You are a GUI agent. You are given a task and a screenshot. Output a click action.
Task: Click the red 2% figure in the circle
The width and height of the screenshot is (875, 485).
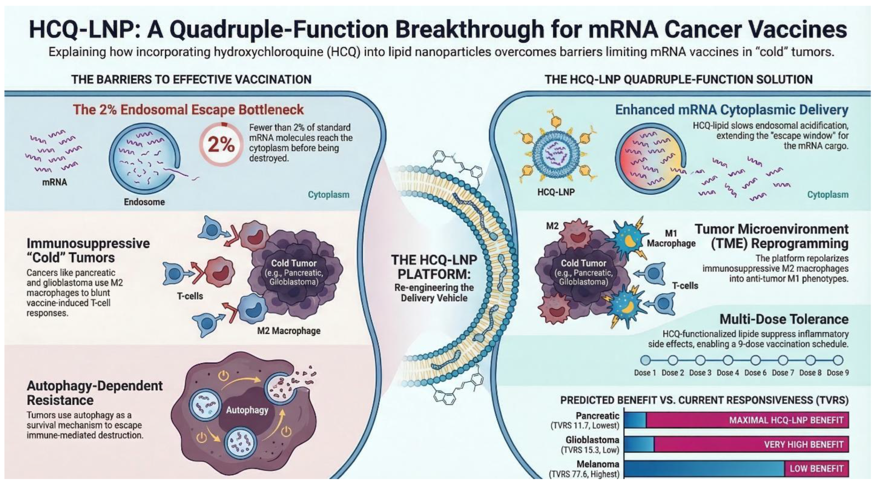tap(221, 145)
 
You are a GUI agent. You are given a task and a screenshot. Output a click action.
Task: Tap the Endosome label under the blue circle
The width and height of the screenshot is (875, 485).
tap(144, 202)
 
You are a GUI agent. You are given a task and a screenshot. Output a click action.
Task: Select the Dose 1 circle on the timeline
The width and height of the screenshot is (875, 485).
tap(645, 360)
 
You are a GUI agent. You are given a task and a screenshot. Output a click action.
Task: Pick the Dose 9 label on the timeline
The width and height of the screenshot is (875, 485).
tap(838, 373)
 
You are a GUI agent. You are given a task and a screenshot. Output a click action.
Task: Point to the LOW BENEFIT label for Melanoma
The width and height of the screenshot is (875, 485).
tap(817, 469)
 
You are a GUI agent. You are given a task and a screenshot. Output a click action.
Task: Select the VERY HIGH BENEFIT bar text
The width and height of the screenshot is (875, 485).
tap(804, 444)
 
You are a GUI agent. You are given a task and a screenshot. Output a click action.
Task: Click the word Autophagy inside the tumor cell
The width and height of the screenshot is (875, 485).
tap(247, 410)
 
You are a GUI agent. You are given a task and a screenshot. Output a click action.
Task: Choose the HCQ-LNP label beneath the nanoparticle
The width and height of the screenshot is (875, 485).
tap(556, 192)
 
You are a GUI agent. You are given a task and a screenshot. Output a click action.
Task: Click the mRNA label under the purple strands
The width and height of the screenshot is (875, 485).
tap(55, 182)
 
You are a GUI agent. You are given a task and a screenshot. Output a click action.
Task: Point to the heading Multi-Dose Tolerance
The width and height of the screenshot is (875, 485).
tap(784, 319)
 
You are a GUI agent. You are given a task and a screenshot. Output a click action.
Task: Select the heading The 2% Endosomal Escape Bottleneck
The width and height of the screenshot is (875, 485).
tap(188, 110)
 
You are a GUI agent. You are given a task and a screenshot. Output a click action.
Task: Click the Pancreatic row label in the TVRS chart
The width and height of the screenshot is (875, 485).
tap(597, 416)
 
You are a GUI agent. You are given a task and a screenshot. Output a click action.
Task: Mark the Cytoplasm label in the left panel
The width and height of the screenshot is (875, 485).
tap(328, 195)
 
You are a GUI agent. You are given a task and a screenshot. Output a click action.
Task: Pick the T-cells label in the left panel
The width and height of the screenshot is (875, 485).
tap(190, 296)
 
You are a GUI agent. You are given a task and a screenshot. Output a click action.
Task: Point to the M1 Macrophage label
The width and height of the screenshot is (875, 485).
tap(671, 238)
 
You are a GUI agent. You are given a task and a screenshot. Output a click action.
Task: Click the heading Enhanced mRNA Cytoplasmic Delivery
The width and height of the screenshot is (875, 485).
tap(732, 110)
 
